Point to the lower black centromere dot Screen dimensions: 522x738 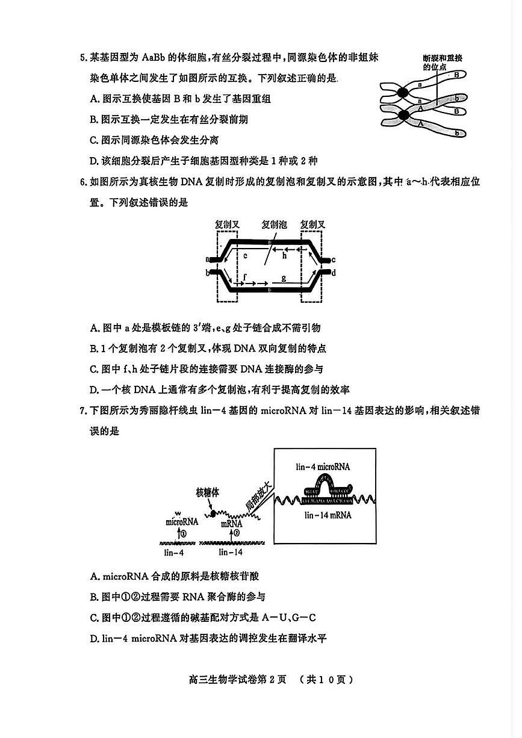[403, 114]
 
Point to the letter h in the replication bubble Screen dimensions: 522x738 [285, 255]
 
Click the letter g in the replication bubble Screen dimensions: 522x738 [283, 278]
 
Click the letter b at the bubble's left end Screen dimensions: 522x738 [208, 273]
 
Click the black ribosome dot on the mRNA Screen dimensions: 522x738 [212, 513]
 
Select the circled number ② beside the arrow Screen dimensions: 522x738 [237, 533]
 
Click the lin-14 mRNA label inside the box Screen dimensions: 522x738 [328, 515]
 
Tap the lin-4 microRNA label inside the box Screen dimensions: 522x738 [323, 466]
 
